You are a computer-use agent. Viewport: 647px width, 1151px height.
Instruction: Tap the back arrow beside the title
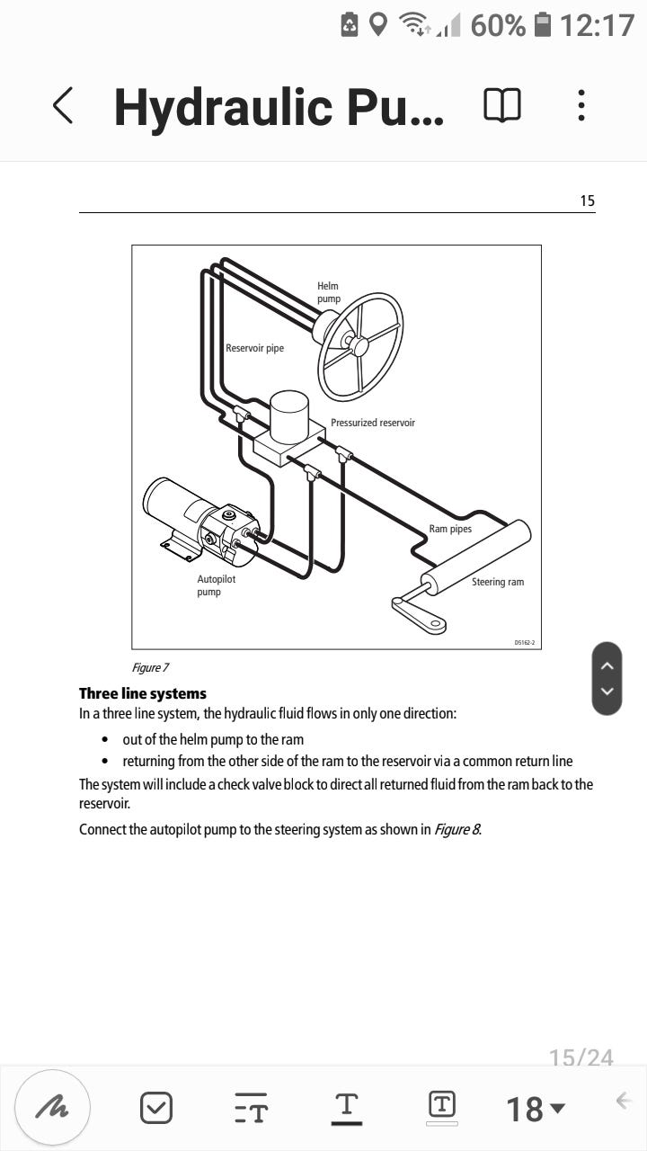(x=62, y=106)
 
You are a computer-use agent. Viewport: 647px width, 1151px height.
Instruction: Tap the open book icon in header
(x=501, y=105)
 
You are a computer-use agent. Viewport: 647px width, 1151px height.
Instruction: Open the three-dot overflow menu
(x=581, y=105)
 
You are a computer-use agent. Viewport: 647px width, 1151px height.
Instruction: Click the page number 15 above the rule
(x=587, y=201)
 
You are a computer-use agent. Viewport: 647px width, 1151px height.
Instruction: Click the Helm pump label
(x=328, y=292)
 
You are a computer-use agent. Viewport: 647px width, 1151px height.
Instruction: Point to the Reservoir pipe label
(x=254, y=348)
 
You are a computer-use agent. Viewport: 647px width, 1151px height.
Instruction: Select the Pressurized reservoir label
(x=373, y=423)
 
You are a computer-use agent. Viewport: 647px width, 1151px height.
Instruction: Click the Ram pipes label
(x=450, y=529)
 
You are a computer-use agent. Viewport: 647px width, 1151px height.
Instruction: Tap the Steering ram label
(x=497, y=582)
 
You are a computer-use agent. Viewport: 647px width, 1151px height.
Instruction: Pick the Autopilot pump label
(x=216, y=585)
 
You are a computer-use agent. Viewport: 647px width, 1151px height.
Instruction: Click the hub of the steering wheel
(x=359, y=346)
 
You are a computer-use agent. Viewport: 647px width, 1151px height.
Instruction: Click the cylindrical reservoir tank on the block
(x=289, y=416)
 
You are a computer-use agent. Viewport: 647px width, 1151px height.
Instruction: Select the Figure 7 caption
(x=150, y=667)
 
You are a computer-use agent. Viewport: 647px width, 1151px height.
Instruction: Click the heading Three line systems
(x=143, y=693)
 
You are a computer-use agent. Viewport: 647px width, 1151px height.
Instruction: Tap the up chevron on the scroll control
(x=607, y=665)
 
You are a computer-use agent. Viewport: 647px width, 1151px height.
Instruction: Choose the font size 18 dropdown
(x=536, y=1108)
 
